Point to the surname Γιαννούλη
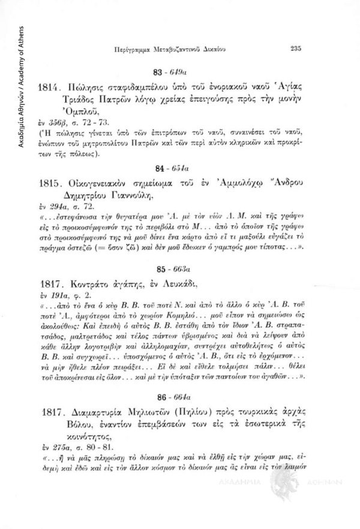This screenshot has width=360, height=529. (145, 195)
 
